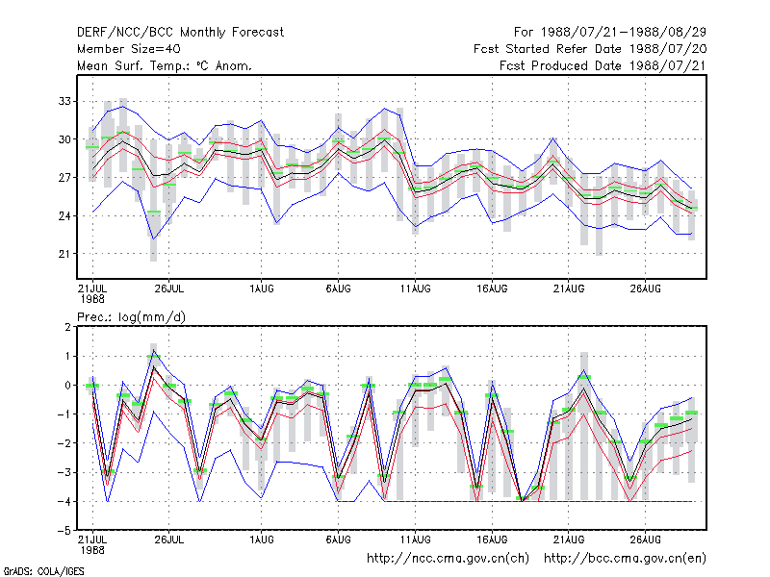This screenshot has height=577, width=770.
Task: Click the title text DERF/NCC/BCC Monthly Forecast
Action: [180, 33]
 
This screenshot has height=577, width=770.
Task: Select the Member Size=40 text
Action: [129, 49]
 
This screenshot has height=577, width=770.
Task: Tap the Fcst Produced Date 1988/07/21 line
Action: [603, 65]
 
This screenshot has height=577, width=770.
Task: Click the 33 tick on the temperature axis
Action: [64, 101]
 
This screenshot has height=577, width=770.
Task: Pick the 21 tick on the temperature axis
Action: [64, 254]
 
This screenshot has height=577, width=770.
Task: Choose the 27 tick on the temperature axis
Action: [64, 177]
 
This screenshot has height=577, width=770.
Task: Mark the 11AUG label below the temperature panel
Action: [416, 288]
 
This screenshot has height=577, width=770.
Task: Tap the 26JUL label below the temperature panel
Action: [169, 288]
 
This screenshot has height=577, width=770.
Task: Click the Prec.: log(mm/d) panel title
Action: [131, 317]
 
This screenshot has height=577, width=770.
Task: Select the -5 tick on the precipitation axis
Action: [64, 531]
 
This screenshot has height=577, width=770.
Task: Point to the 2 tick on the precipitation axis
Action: [67, 327]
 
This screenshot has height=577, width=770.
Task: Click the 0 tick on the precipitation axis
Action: [67, 386]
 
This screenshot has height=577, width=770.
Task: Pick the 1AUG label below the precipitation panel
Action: [262, 539]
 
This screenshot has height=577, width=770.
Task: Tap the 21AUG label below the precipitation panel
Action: [569, 539]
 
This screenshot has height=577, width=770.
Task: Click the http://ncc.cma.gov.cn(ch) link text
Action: [448, 559]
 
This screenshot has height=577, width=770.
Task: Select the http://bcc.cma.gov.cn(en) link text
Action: [625, 559]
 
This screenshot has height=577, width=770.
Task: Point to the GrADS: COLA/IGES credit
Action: [43, 571]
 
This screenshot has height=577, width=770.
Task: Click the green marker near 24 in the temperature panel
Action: [154, 212]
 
